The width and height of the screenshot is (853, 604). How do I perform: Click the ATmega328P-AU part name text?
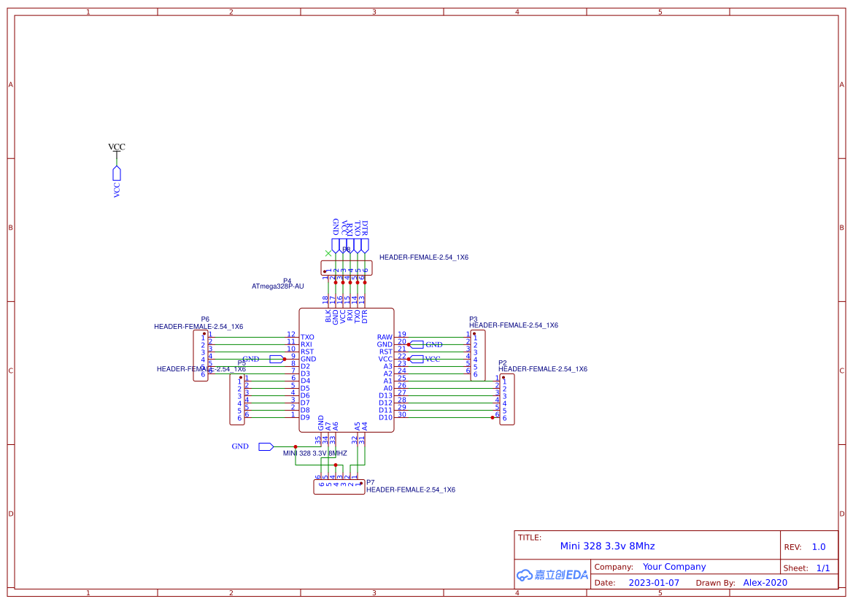click(277, 287)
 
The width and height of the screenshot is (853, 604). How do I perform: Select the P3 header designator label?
click(473, 320)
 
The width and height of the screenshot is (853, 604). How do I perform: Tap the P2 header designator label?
click(502, 363)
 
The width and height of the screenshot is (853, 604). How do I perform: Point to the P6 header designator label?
click(205, 320)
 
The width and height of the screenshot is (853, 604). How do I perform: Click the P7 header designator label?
click(370, 482)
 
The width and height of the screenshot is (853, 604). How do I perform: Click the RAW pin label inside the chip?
click(385, 337)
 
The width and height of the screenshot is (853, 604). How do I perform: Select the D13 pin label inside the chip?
click(385, 395)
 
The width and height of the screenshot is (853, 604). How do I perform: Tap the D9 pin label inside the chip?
click(305, 417)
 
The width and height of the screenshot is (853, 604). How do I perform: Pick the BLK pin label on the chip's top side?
click(328, 317)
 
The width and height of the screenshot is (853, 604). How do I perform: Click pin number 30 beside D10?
click(402, 414)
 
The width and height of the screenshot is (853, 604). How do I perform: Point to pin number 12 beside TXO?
click(290, 334)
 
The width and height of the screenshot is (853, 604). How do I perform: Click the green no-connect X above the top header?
click(328, 253)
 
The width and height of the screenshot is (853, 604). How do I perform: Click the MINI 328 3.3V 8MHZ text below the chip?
click(315, 453)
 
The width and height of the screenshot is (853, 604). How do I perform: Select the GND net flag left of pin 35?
click(266, 446)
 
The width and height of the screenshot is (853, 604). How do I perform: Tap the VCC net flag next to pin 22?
click(417, 359)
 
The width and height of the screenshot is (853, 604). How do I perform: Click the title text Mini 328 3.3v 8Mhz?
click(607, 546)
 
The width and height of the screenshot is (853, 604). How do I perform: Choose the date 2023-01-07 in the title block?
click(654, 583)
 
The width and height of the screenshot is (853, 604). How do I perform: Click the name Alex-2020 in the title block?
click(765, 583)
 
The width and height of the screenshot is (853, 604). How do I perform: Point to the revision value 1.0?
click(819, 546)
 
